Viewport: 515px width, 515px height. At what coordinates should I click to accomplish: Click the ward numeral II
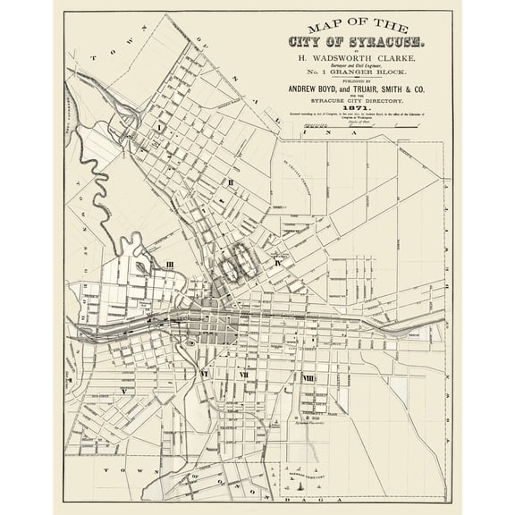(x=231, y=183)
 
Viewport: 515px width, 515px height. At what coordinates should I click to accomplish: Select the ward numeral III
(x=168, y=264)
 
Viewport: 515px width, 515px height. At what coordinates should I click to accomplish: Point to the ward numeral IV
(x=279, y=264)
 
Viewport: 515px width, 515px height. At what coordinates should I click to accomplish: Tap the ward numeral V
(x=124, y=391)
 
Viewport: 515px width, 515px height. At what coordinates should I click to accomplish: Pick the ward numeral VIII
(x=308, y=379)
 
